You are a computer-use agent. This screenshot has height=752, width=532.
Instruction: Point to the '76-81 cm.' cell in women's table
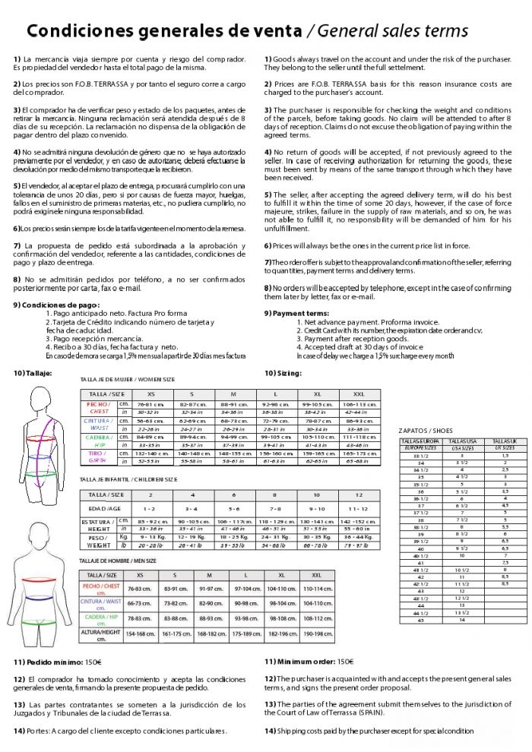150,405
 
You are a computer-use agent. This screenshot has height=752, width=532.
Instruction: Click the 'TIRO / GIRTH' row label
98,457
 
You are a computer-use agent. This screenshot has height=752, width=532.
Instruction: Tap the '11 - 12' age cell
357,508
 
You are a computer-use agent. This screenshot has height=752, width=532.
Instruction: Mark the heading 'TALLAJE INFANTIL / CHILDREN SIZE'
128,479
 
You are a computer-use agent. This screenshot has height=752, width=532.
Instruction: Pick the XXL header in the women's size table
359,393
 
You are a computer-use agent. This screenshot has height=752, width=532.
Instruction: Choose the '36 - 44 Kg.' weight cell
357,537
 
